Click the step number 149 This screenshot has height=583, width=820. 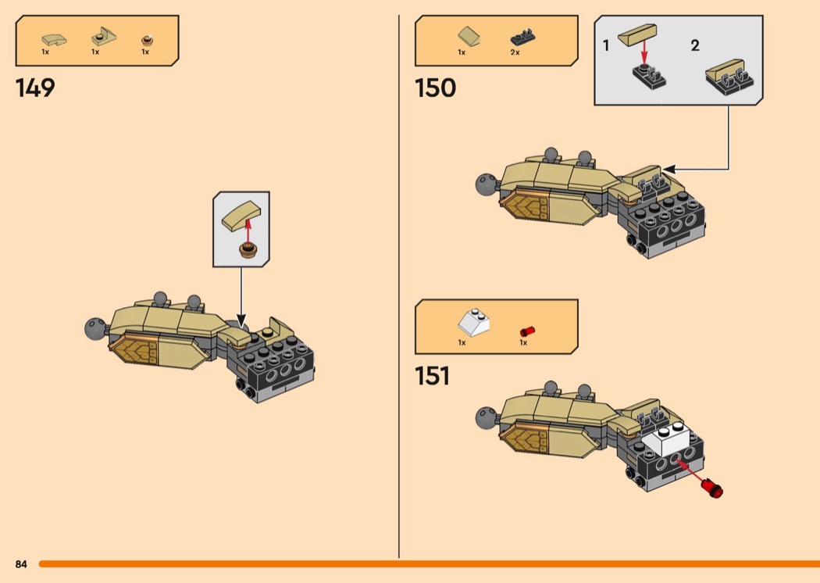[36, 88]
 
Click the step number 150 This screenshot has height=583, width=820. [436, 88]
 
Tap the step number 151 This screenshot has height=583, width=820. [433, 376]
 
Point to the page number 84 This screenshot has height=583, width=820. [21, 563]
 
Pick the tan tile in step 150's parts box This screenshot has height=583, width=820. [469, 36]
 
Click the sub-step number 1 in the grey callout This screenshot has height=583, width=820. [606, 45]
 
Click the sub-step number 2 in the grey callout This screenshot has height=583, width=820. [694, 45]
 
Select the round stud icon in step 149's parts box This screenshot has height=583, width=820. [146, 40]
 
